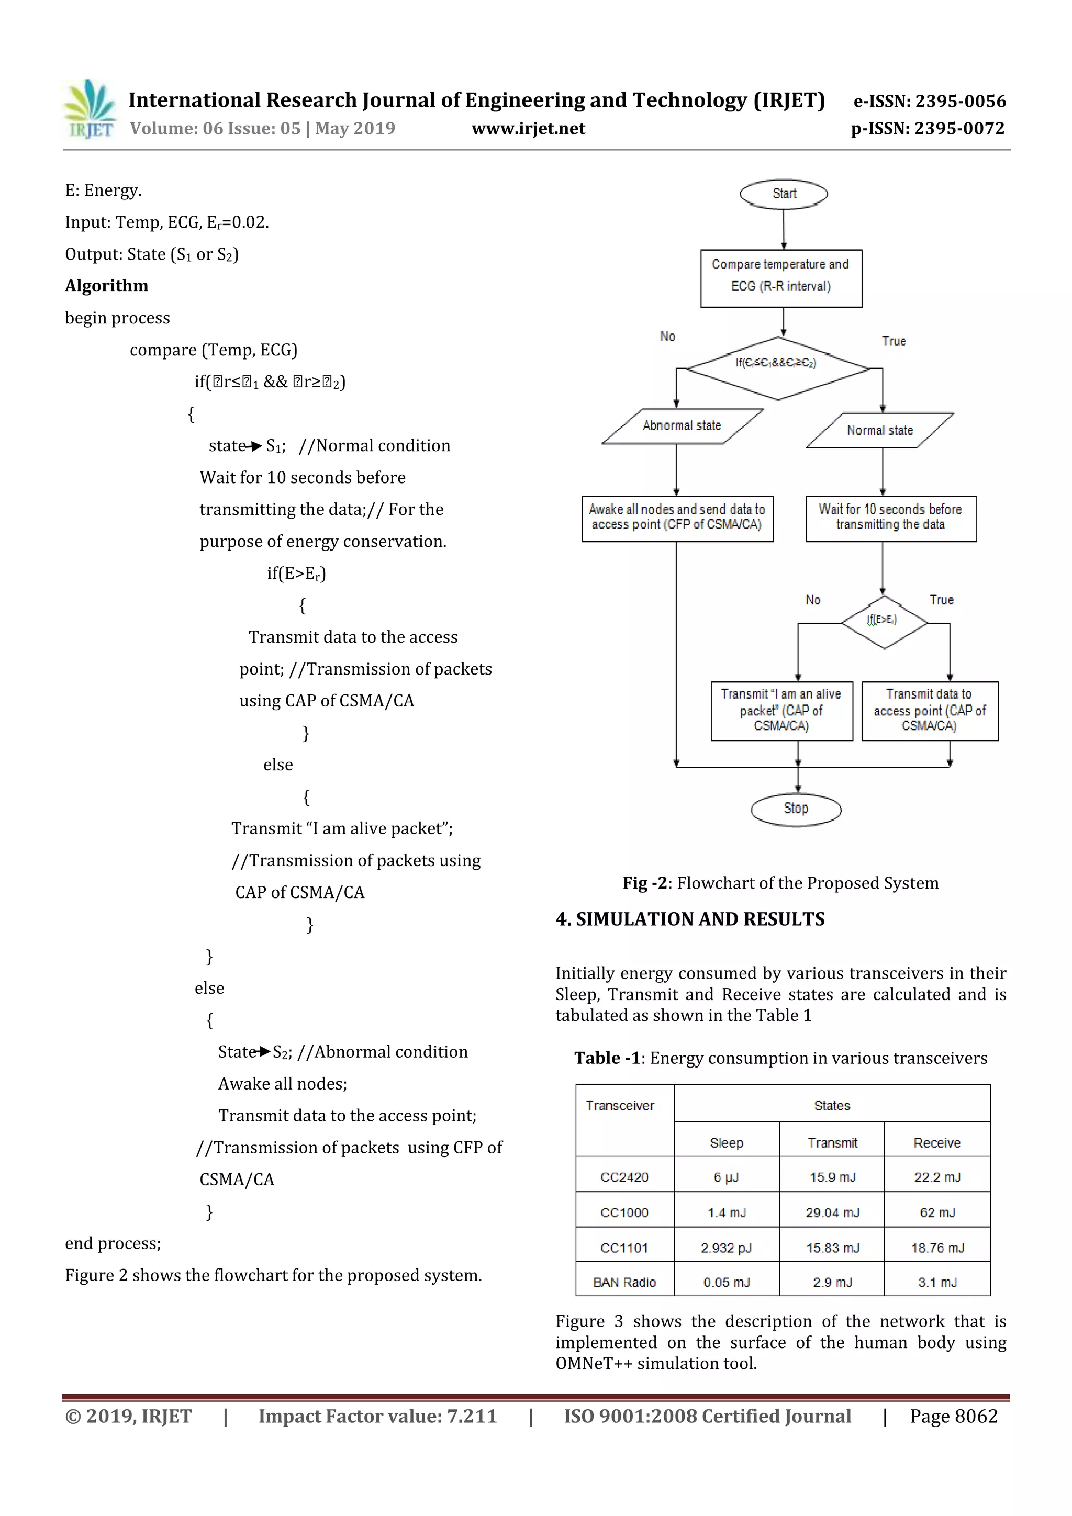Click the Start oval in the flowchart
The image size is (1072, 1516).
[x=784, y=194]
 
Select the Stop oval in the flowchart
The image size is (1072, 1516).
[x=796, y=809]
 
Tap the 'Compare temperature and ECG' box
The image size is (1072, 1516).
[x=781, y=278]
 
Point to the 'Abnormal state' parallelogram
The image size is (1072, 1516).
[x=682, y=426]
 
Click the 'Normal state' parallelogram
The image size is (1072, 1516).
[x=880, y=431]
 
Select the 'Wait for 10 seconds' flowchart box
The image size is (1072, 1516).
[x=890, y=518]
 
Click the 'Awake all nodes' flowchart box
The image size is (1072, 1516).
[x=677, y=518]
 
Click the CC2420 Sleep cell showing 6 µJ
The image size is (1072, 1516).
[x=727, y=1176]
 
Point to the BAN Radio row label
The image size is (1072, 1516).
[x=624, y=1282]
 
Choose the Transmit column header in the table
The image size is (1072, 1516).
[x=832, y=1142]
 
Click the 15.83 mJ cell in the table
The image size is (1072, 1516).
[x=832, y=1247]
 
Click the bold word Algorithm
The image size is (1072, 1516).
[x=106, y=286]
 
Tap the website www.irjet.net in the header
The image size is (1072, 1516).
[x=528, y=128]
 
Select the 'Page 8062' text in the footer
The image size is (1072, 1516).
[x=953, y=1416]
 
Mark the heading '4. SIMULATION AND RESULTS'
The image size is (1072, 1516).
[x=690, y=919]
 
